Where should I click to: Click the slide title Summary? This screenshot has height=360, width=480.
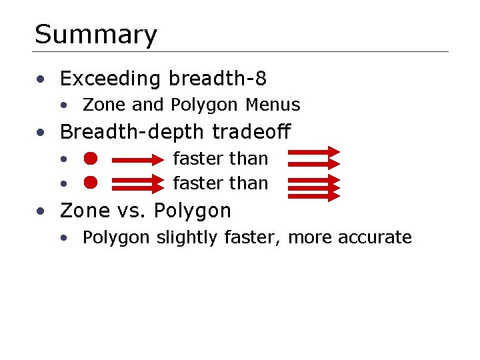coord(95,35)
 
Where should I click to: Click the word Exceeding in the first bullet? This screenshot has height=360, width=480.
coord(111,79)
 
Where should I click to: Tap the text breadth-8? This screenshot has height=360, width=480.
coord(217,79)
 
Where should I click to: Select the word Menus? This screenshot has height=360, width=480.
coord(273,105)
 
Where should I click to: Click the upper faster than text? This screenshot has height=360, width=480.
coord(220,159)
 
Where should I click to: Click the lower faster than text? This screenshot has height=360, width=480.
coord(220,183)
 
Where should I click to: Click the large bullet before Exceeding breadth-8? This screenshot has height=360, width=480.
coord(41,80)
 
